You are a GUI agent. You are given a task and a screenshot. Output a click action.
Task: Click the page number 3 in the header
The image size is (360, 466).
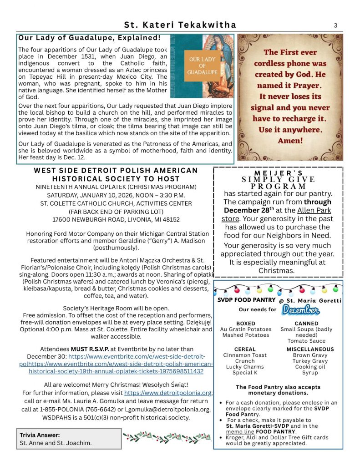335,25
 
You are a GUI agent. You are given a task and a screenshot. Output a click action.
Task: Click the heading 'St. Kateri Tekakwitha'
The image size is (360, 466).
180,25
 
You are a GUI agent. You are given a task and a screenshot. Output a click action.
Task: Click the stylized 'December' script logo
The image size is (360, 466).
300,310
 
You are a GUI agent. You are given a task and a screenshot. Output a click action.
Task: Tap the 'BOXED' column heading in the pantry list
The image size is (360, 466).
245,324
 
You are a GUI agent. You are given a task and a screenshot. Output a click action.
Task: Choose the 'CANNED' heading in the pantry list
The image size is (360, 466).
306,324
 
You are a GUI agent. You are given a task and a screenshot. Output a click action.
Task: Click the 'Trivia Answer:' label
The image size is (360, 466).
40,435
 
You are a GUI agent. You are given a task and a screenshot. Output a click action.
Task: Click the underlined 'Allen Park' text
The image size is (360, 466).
314,210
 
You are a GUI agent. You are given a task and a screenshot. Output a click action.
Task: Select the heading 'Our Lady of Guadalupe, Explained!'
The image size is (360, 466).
90,38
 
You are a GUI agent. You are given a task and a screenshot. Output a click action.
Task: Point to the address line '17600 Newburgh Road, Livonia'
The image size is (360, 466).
116,219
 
